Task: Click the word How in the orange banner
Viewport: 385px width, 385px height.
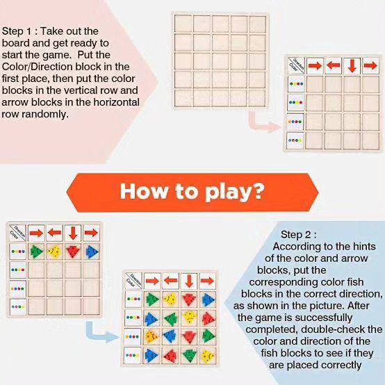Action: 143,191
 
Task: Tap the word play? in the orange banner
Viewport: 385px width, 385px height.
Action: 234,192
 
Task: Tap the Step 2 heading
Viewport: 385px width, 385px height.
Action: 299,235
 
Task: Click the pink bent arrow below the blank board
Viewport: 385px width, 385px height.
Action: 263,123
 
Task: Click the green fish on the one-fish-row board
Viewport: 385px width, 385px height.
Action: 36,252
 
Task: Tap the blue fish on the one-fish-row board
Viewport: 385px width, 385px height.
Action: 92,252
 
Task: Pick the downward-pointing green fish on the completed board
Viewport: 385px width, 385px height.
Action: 189,355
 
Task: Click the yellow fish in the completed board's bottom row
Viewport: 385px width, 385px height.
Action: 208,357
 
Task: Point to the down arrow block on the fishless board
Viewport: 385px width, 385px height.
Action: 352,66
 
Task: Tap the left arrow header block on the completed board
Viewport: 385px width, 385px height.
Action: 171,281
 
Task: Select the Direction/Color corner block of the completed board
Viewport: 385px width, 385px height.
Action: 133,280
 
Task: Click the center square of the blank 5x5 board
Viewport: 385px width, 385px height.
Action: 220,61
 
